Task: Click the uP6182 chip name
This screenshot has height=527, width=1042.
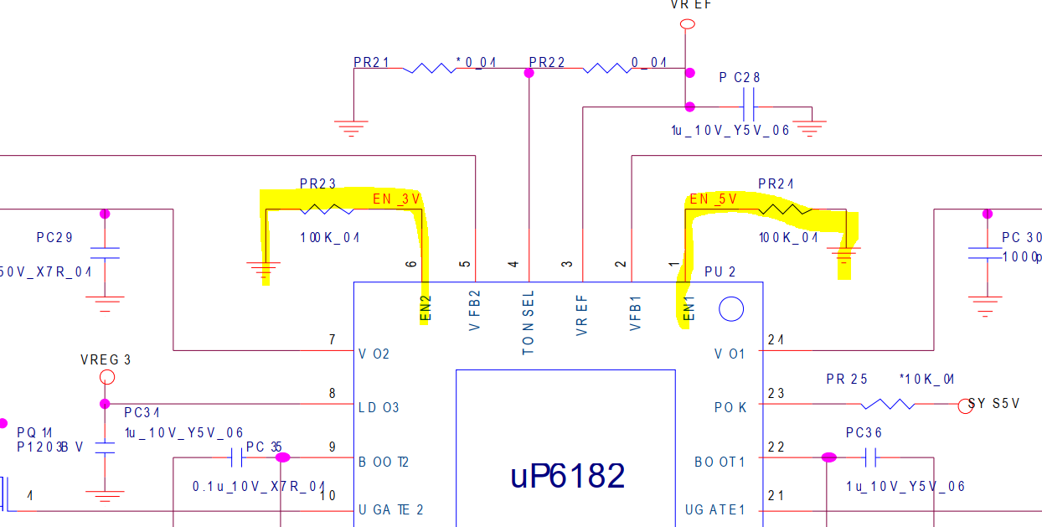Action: pyautogui.click(x=567, y=476)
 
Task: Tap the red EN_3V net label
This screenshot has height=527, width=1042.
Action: pyautogui.click(x=396, y=199)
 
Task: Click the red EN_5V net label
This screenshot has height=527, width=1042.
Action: pyautogui.click(x=713, y=199)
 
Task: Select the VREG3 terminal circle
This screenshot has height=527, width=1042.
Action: pyautogui.click(x=106, y=377)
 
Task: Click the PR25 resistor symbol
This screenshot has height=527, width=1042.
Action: pyautogui.click(x=887, y=404)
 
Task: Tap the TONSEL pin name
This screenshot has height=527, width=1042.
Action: pyautogui.click(x=528, y=323)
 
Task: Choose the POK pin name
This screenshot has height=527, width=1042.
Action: pyautogui.click(x=730, y=407)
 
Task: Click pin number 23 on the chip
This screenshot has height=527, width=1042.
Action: pyautogui.click(x=776, y=393)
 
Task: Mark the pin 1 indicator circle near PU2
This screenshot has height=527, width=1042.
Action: pyautogui.click(x=731, y=309)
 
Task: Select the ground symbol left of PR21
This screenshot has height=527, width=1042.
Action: pyautogui.click(x=351, y=129)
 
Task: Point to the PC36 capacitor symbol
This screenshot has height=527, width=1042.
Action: pyautogui.click(x=871, y=457)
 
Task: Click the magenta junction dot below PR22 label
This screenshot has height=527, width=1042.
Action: pyautogui.click(x=529, y=74)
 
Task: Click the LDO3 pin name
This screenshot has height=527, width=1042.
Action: pyautogui.click(x=379, y=408)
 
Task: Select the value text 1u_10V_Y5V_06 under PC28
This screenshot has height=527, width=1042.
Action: pyautogui.click(x=730, y=131)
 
